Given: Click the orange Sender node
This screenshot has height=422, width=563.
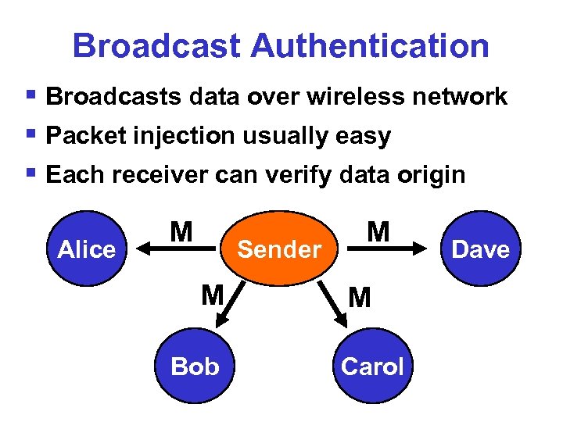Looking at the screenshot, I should click(279, 249).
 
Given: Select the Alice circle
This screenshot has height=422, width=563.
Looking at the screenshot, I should click(87, 249).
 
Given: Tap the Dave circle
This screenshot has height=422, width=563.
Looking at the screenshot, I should click(481, 249).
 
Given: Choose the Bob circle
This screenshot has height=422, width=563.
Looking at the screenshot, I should click(195, 366).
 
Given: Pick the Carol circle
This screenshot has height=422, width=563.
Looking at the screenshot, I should click(372, 366).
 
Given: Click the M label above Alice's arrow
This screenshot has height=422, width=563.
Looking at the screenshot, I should click(181, 231).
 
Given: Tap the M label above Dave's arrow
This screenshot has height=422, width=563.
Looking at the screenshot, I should click(378, 231).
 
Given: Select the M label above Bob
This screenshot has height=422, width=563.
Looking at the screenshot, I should click(212, 295).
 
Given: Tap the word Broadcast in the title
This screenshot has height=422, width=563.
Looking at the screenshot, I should click(156, 46).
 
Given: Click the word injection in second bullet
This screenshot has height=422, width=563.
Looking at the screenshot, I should click(180, 136).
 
